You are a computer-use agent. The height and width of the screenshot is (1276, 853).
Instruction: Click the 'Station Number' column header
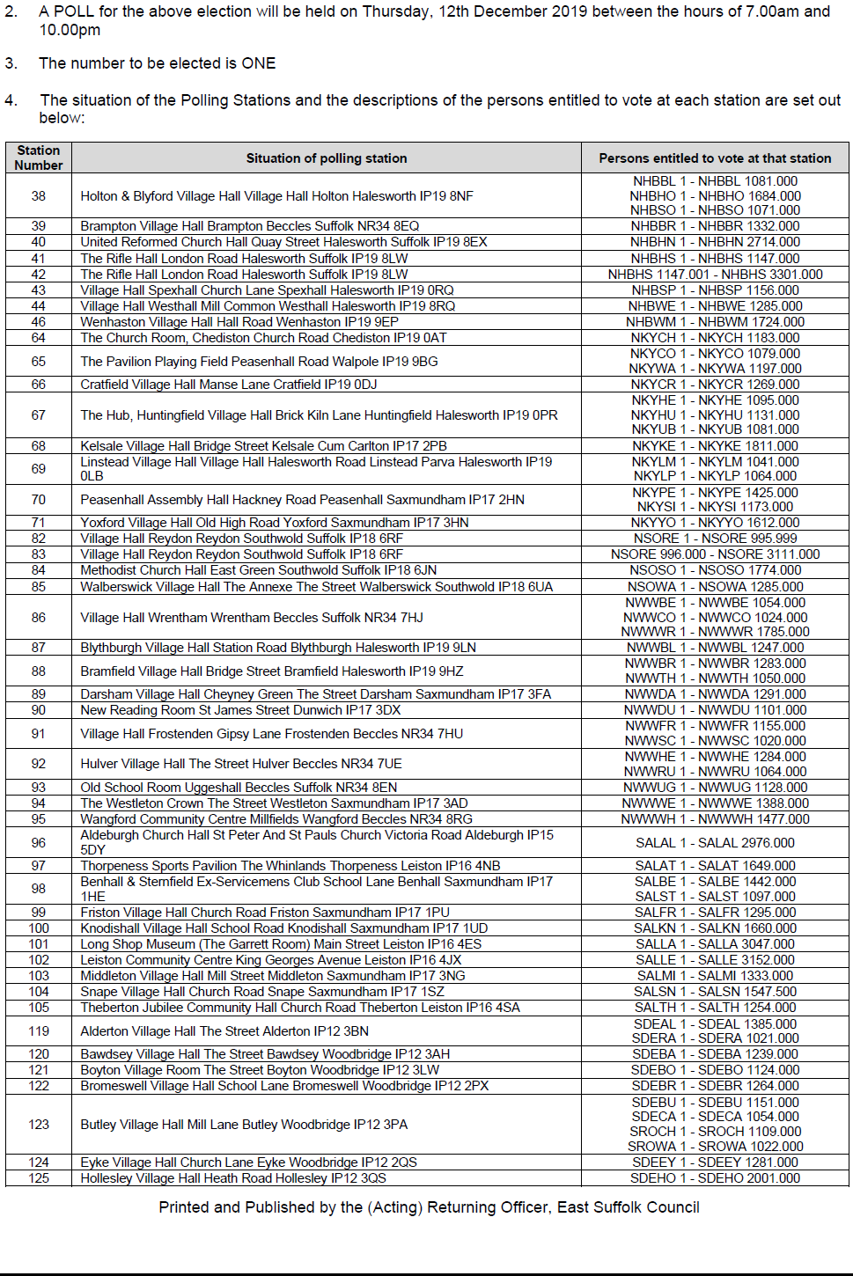(39, 158)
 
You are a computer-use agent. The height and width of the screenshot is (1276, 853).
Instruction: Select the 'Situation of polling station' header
(326, 158)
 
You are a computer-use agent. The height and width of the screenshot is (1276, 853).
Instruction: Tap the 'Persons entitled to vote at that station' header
(715, 158)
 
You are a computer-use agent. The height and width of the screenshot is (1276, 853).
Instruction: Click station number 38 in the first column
(39, 196)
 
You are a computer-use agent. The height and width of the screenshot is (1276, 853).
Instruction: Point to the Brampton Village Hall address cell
(249, 226)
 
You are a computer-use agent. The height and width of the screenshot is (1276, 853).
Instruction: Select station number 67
(39, 415)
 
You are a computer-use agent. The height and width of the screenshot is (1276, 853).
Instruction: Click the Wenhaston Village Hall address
(239, 322)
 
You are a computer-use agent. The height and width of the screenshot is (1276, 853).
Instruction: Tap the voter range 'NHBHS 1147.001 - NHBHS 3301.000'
(715, 275)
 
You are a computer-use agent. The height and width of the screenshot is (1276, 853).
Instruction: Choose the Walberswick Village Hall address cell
(316, 587)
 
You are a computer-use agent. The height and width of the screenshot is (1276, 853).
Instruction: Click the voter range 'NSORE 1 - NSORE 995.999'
(715, 539)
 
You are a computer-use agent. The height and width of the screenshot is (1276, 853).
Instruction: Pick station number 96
(39, 843)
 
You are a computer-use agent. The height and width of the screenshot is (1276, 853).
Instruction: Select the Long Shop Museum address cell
(281, 944)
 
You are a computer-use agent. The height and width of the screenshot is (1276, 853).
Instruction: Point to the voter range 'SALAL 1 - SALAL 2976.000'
(715, 843)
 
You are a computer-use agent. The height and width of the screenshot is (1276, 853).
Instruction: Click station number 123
(39, 1125)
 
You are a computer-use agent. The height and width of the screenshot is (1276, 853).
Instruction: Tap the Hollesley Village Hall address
(233, 1178)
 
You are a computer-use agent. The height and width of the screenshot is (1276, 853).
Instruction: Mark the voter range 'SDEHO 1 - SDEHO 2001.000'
(715, 1178)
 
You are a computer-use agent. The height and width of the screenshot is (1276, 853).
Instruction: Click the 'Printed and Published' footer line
(429, 1207)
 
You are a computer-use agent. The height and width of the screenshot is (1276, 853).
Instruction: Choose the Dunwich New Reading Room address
(240, 710)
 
